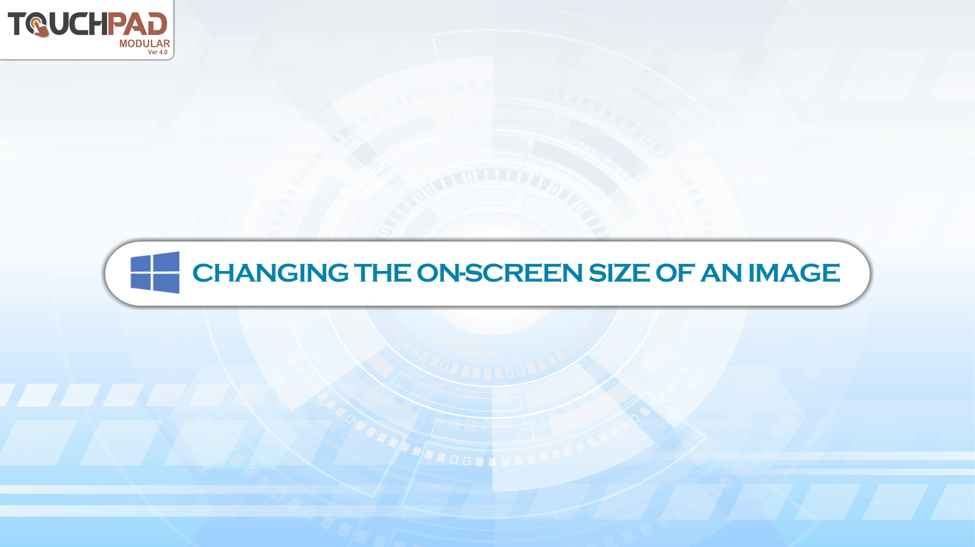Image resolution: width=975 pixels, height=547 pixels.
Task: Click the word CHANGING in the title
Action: coord(270,273)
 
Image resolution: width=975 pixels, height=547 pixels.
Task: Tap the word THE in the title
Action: coord(382,273)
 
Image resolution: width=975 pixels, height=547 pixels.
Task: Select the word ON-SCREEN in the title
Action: coord(500,273)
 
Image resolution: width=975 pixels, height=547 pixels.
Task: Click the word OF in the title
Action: coord(675,273)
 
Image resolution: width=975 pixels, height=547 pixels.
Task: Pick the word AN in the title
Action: coord(721,273)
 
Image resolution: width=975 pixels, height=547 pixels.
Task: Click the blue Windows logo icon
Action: coord(155,272)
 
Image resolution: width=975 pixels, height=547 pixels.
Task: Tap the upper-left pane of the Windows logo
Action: coord(141,263)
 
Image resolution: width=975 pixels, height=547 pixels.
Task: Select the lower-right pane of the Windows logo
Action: coord(167,284)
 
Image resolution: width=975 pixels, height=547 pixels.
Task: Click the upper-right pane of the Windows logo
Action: coord(167,261)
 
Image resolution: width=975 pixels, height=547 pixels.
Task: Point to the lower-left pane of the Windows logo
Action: coord(141,282)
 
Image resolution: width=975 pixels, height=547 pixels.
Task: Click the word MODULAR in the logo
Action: coord(145,44)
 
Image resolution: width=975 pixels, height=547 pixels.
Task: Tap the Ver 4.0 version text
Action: coord(157,52)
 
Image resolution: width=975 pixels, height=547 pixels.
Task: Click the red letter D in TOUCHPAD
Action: coord(157,24)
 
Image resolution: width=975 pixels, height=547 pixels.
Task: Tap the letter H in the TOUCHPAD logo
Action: coord(98,24)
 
